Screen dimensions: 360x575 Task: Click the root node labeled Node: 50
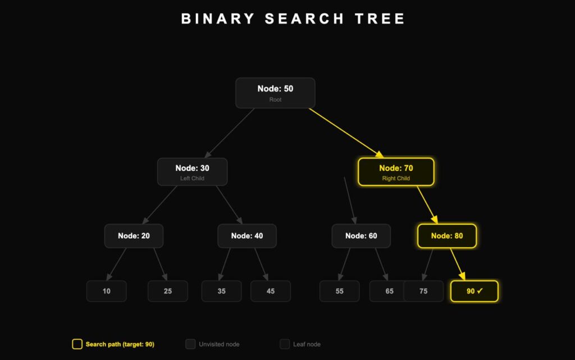[x=275, y=93]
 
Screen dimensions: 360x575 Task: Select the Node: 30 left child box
[x=192, y=172]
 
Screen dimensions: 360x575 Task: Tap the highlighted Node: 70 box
[x=396, y=172]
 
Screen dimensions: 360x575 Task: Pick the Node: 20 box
[x=134, y=236]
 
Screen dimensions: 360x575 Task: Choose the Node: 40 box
[x=247, y=236]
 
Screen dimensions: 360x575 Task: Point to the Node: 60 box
[x=361, y=236]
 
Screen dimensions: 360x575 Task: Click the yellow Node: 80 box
[x=447, y=236]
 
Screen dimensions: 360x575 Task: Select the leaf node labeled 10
[x=106, y=291]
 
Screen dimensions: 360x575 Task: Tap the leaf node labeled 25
[x=167, y=291]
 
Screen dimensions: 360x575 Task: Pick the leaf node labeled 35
[x=221, y=291]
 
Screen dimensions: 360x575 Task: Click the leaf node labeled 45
[x=270, y=291]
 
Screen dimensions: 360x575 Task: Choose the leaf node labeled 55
[x=339, y=291]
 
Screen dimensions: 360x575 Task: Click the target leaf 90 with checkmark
[x=474, y=291]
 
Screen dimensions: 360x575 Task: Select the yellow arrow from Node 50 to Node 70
[x=345, y=133]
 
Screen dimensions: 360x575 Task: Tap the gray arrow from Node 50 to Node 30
[x=230, y=133]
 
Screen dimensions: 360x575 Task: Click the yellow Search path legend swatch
[x=77, y=344]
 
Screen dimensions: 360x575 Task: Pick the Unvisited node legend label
[x=219, y=344]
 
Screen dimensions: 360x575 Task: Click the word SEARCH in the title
[x=304, y=19]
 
